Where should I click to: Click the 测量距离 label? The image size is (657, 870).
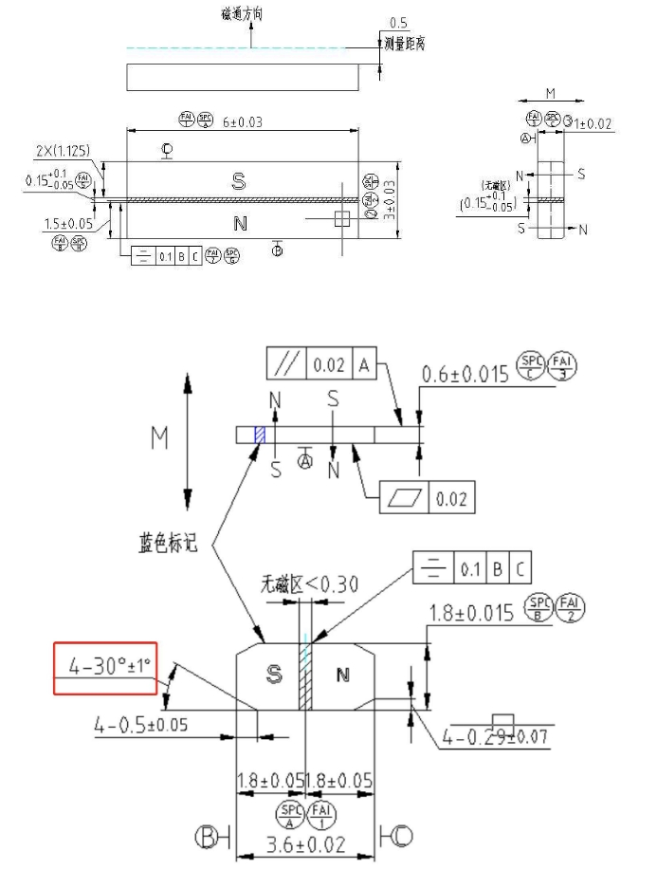tap(405, 45)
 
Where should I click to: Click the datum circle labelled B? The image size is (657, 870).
tap(207, 837)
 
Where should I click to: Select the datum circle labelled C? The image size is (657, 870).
tap(402, 837)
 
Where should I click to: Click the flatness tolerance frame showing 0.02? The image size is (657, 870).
tap(427, 496)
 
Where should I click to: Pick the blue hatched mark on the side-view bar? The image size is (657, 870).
tap(259, 434)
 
